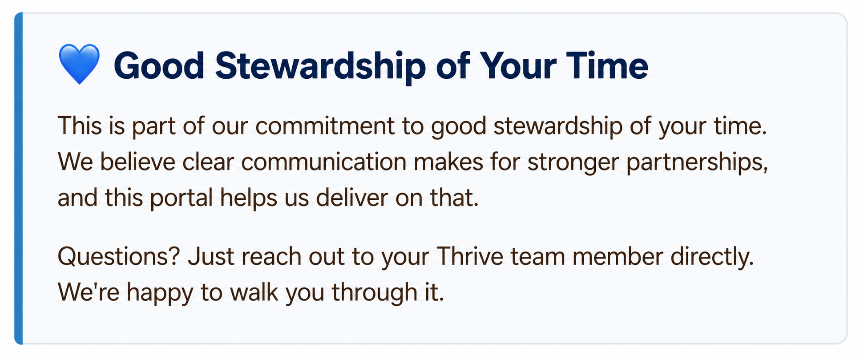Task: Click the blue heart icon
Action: click(79, 64)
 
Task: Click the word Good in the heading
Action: click(159, 66)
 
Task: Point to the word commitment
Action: click(325, 126)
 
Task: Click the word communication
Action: click(324, 162)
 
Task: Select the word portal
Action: click(181, 198)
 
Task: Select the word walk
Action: click(254, 292)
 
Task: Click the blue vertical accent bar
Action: click(18, 178)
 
